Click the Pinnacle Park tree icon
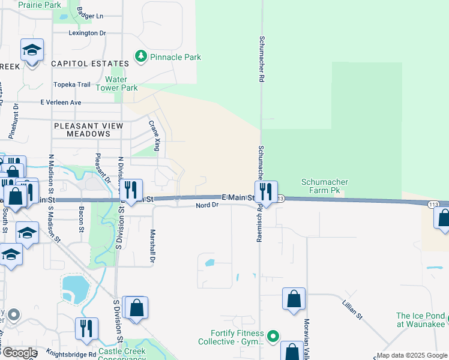[x=140, y=57]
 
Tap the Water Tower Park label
[x=121, y=83]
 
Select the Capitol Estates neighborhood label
[x=90, y=63]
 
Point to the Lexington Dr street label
[x=87, y=33]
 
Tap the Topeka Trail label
[x=72, y=85]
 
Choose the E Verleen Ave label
[x=61, y=103]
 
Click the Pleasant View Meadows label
[x=88, y=130]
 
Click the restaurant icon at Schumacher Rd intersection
[x=265, y=192]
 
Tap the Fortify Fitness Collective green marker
[x=273, y=335]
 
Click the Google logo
[x=19, y=353]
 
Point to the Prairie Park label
[x=40, y=5]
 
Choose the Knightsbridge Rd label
[x=72, y=355]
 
